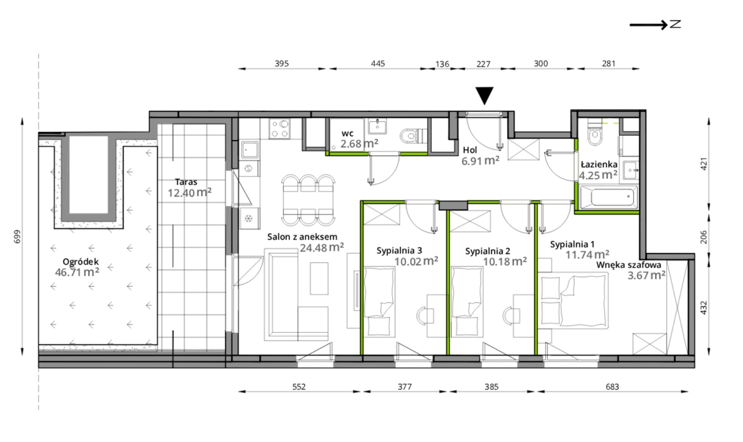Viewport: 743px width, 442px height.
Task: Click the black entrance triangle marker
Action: (485, 95)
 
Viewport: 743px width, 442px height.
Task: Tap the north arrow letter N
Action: (675, 24)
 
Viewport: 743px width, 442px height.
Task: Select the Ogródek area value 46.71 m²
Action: (77, 272)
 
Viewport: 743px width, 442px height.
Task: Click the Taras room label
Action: (186, 182)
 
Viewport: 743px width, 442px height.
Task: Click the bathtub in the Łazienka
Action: (609, 197)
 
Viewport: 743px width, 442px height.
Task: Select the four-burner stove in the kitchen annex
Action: (279, 129)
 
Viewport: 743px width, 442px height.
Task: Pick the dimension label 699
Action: (17, 236)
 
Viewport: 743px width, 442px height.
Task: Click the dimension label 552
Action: (299, 387)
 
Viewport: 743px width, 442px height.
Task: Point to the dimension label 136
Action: (442, 64)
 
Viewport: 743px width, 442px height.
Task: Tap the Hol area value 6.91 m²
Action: (481, 160)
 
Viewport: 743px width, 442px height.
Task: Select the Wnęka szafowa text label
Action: (629, 265)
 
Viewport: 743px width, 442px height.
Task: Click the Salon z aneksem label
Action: (302, 236)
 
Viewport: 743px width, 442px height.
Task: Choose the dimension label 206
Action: (704, 237)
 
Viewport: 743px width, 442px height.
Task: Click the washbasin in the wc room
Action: (377, 126)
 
